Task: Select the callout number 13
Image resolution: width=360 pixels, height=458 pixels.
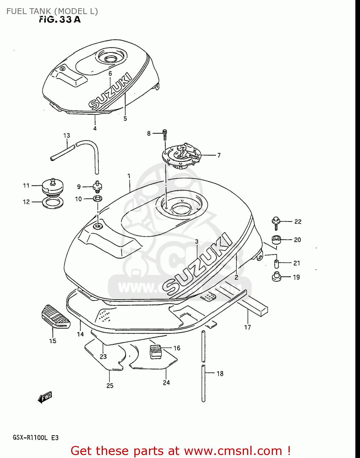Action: point(67,135)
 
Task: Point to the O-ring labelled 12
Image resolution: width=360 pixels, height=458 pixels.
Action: point(53,203)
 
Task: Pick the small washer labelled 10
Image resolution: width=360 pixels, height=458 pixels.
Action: point(97,199)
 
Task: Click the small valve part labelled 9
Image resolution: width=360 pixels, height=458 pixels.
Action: point(97,186)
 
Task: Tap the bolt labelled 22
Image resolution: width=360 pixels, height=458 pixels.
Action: point(276,222)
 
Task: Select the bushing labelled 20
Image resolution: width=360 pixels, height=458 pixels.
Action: point(276,240)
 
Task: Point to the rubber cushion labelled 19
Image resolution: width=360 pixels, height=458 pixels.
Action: point(277,277)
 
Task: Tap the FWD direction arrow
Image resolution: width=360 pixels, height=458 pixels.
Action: point(45,397)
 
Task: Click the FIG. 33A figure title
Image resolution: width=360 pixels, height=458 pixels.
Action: point(60,20)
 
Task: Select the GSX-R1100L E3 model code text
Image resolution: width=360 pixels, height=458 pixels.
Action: point(35,438)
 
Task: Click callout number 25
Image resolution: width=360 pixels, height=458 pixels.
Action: point(110,386)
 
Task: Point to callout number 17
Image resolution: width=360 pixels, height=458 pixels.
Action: point(247,327)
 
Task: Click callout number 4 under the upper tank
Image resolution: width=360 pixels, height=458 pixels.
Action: point(95,129)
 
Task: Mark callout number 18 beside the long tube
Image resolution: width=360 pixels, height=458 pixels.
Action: point(220,373)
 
